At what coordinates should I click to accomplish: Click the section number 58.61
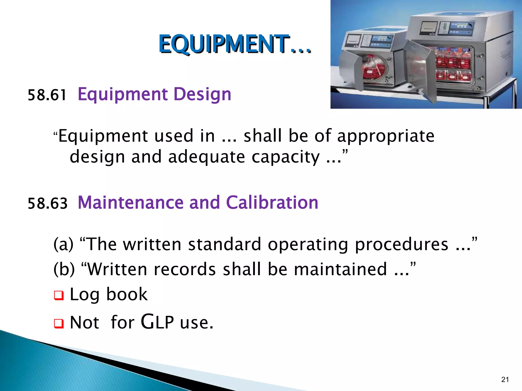(47, 95)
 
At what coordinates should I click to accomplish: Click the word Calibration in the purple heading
(272, 203)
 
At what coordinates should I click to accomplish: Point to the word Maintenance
(130, 203)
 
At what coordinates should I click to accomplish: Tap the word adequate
(206, 157)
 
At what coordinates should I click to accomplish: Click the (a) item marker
(63, 244)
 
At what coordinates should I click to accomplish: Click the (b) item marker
(64, 269)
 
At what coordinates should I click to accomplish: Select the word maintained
(340, 269)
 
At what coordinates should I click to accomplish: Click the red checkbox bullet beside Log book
(59, 296)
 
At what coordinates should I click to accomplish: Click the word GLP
(157, 322)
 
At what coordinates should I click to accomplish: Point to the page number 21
(505, 380)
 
